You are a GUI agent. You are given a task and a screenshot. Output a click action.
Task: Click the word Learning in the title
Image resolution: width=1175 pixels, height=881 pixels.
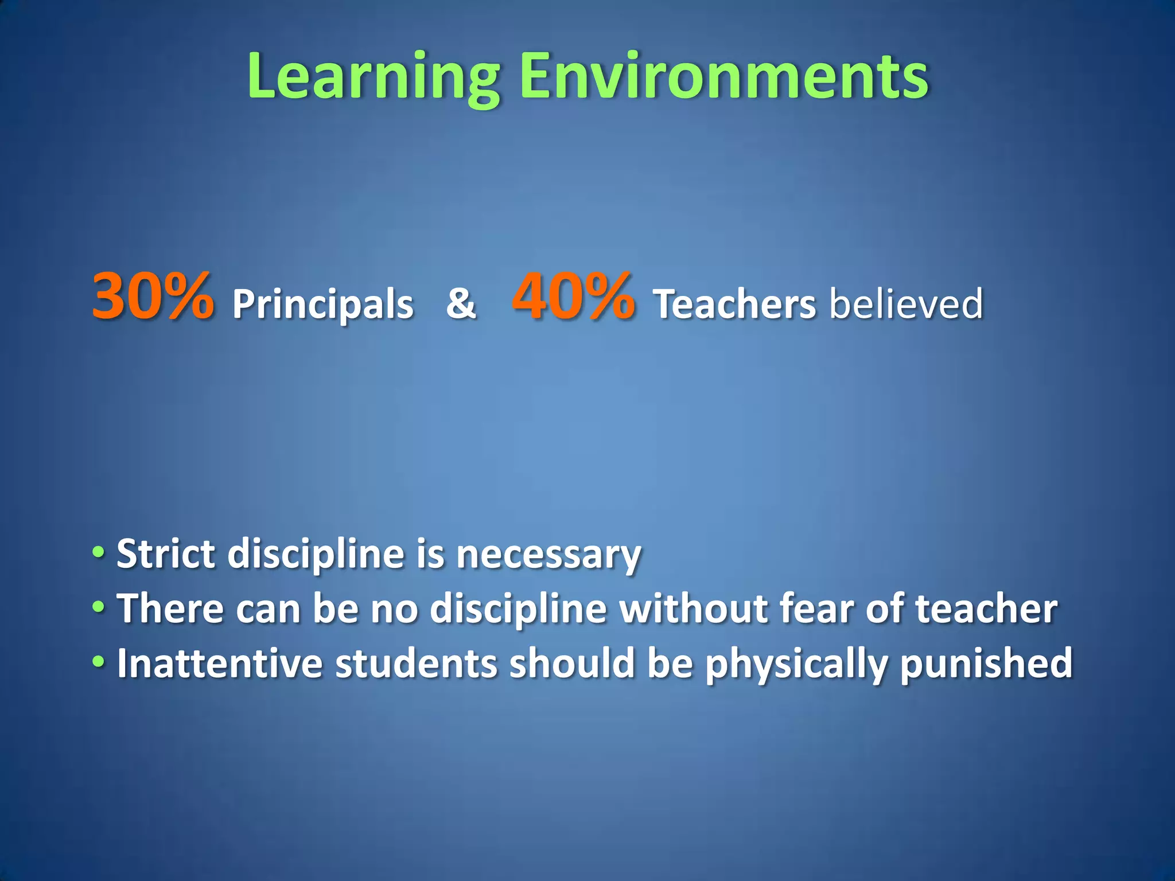[373, 77]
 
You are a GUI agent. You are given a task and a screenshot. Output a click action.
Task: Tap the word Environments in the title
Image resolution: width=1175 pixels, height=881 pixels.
[724, 77]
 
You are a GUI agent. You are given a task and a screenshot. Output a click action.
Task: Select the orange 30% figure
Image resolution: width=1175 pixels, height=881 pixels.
[153, 297]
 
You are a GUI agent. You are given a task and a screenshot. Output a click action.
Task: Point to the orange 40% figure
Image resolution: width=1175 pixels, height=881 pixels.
[573, 297]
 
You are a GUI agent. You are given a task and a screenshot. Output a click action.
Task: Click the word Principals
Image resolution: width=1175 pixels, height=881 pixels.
[322, 304]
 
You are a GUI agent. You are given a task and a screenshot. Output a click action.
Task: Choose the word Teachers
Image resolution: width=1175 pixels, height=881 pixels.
[734, 304]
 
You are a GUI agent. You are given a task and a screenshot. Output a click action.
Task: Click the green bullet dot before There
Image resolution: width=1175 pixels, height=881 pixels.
[99, 607]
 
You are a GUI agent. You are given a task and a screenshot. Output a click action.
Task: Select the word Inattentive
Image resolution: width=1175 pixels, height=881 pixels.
[220, 663]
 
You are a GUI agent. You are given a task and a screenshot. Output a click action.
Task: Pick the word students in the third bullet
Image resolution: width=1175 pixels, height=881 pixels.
[416, 663]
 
